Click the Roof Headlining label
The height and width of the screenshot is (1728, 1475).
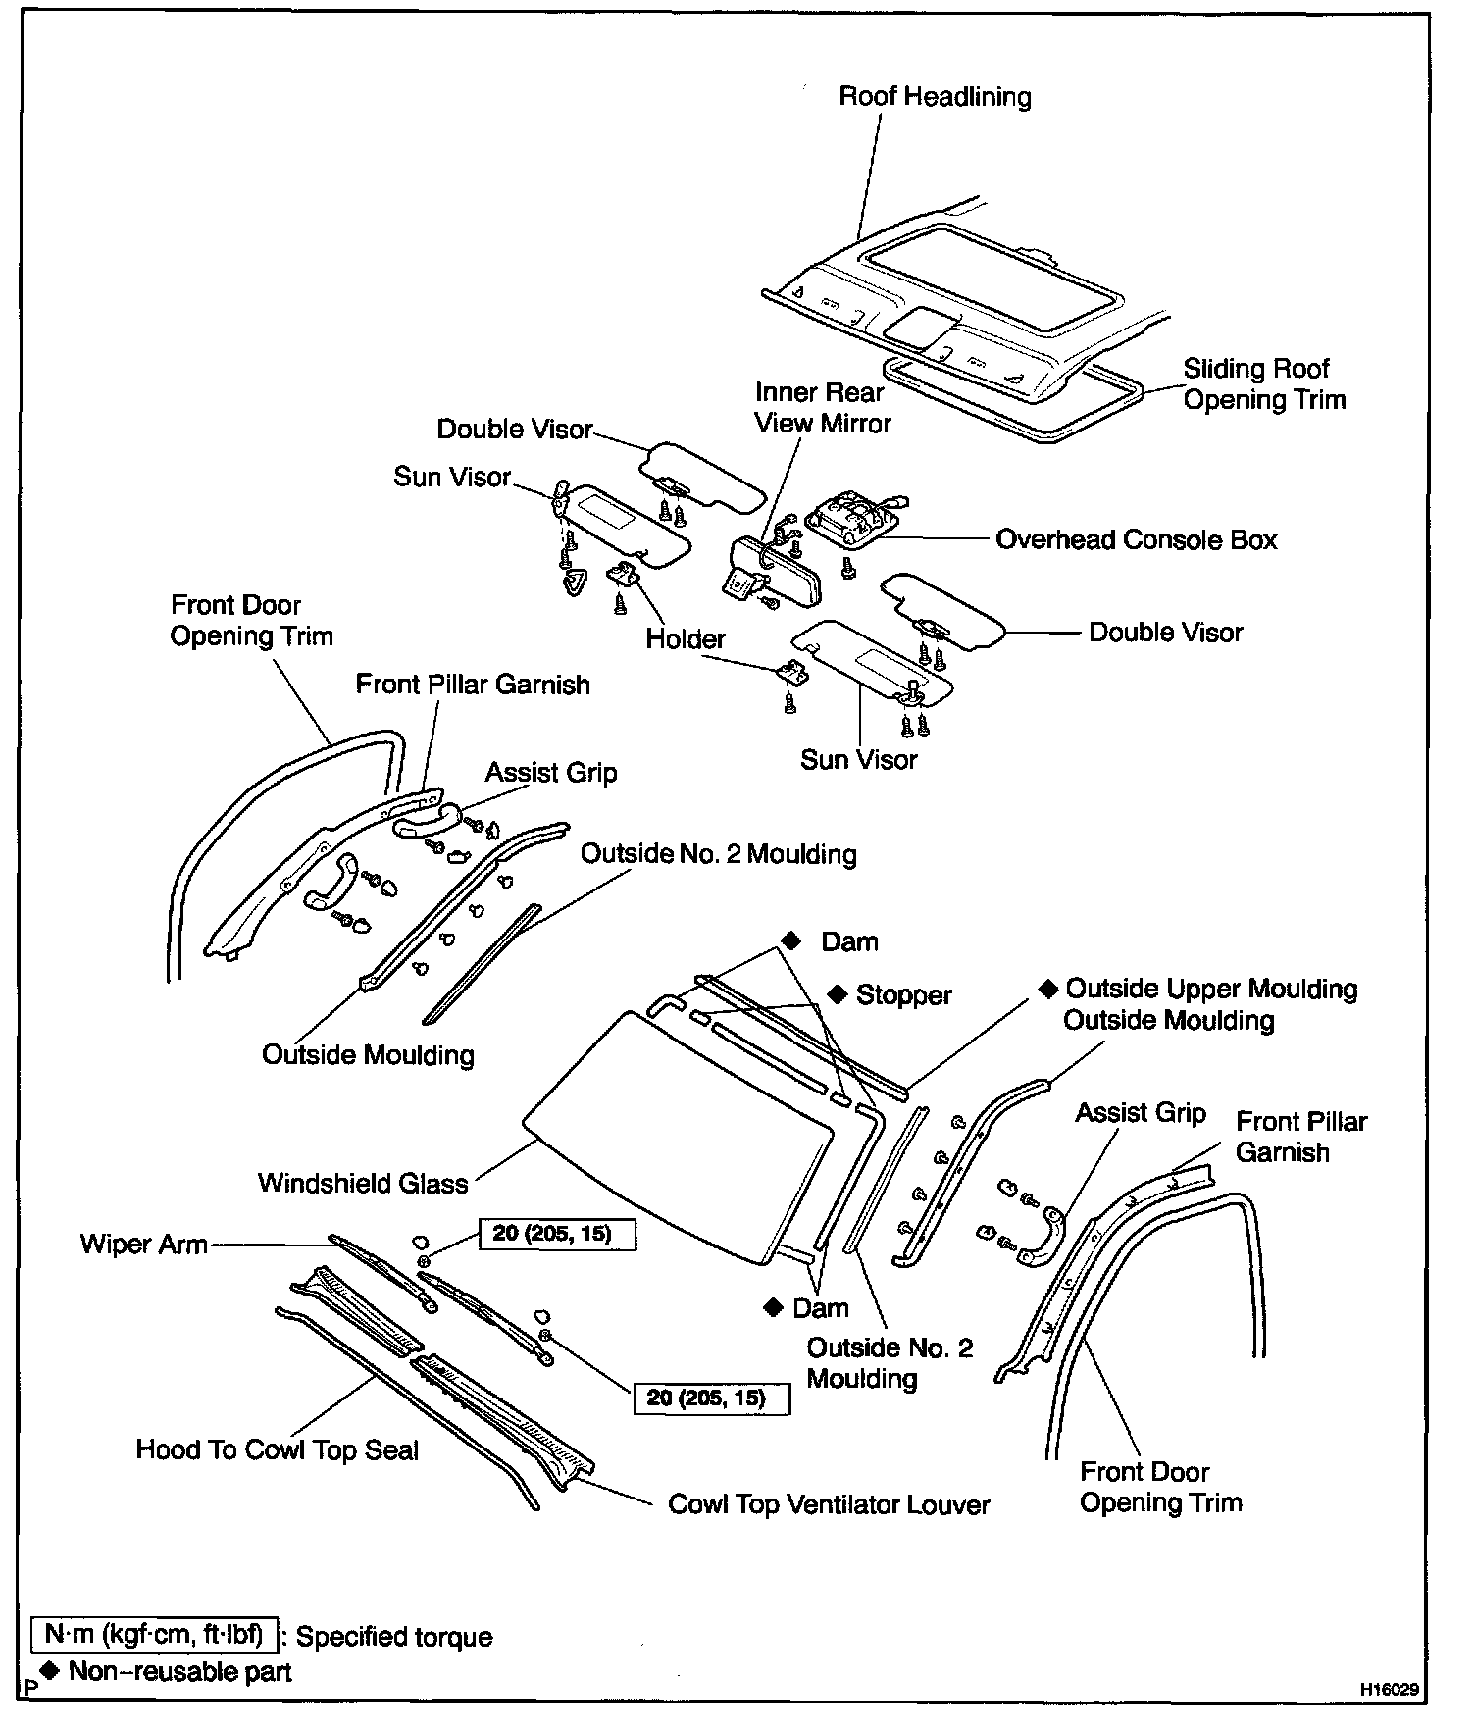(935, 97)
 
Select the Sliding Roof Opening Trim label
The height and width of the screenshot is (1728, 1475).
(1263, 384)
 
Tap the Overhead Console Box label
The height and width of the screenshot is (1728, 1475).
(1136, 540)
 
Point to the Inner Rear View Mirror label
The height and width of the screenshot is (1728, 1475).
(822, 408)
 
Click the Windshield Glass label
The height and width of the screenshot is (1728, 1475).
(363, 1183)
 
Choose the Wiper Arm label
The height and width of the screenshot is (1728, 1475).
(144, 1245)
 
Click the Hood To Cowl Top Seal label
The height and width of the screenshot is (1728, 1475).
(278, 1449)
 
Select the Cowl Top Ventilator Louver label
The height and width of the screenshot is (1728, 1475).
(829, 1504)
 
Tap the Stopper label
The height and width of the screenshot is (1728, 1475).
(903, 995)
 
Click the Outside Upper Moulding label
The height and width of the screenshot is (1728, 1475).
(1211, 989)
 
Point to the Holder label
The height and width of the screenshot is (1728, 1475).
(685, 639)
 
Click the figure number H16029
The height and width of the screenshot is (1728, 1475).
(1388, 1690)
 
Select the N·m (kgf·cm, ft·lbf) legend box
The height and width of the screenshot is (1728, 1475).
(155, 1636)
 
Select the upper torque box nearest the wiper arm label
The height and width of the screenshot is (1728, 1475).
(556, 1234)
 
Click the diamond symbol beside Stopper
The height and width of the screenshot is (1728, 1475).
(837, 993)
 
